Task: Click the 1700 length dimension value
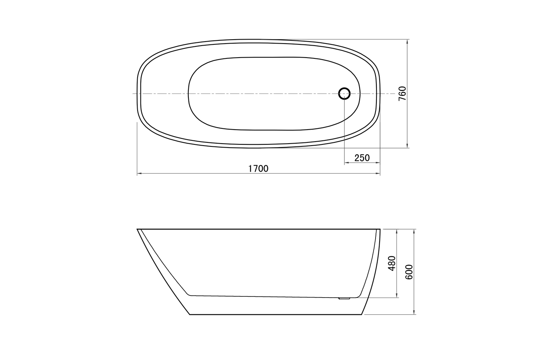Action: (258, 169)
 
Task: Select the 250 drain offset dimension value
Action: (362, 158)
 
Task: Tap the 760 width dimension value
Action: (402, 93)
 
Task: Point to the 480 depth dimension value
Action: (392, 263)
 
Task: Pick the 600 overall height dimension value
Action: (409, 272)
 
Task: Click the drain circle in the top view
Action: (344, 94)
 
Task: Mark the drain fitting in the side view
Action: (344, 298)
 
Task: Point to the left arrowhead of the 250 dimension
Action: (346, 163)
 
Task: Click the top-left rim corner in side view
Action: (138, 229)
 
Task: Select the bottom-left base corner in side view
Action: (190, 314)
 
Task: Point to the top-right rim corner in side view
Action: (380, 229)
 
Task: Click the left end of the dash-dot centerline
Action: (133, 94)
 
